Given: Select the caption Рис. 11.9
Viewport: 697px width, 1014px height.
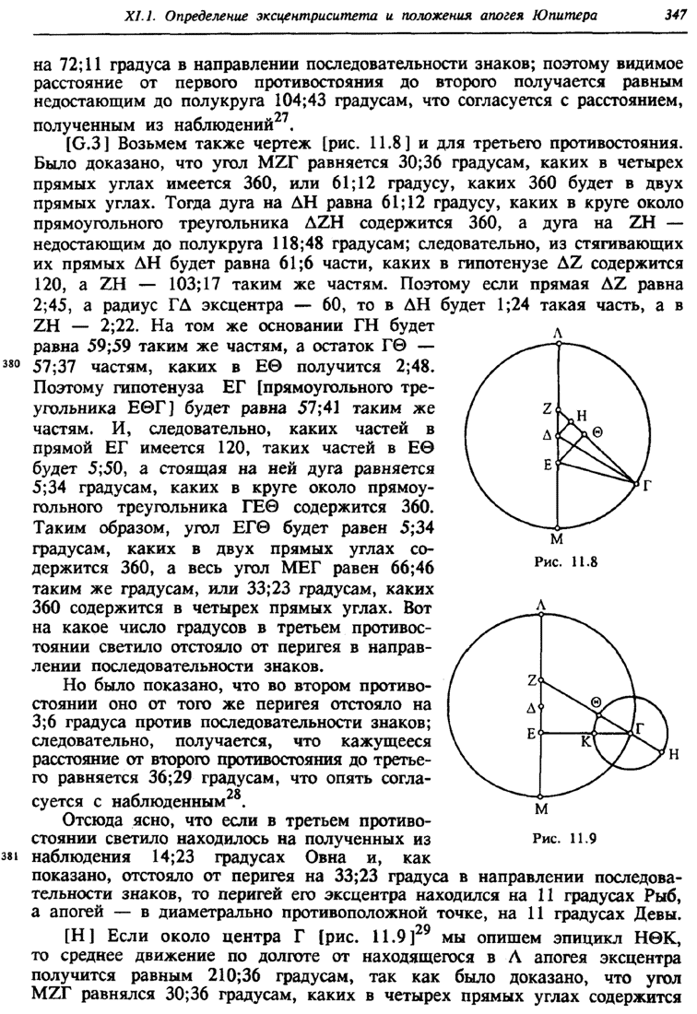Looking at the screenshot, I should click(x=561, y=839).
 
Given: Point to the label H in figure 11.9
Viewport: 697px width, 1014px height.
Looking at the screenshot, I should click(x=673, y=755).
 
